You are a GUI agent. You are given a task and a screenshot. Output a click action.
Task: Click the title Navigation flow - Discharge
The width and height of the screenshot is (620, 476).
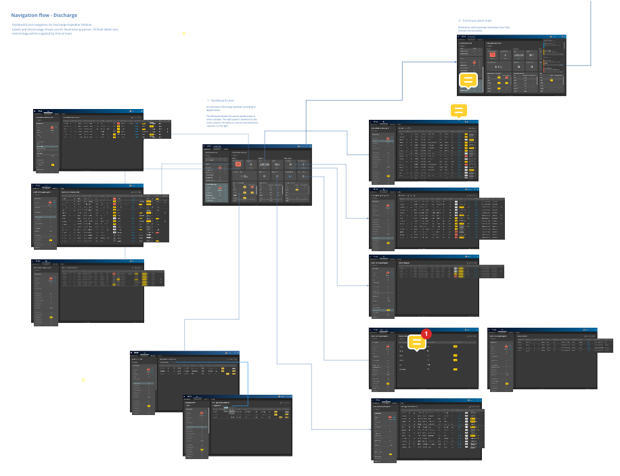tap(44, 15)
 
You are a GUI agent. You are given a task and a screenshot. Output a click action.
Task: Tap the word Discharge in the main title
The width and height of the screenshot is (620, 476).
tap(64, 15)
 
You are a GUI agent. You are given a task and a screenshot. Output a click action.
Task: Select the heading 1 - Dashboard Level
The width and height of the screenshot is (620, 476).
tap(222, 100)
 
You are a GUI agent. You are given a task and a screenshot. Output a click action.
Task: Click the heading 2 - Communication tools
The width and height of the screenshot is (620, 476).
tap(474, 21)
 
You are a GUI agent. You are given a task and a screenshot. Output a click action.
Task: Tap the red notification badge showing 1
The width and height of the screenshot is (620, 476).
tap(426, 334)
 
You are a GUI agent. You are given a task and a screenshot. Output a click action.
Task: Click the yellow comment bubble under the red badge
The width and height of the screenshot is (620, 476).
tap(418, 343)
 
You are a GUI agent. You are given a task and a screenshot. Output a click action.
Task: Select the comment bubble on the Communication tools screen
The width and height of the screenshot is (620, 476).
tap(468, 81)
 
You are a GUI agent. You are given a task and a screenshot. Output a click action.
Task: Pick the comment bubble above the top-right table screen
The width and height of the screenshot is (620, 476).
tap(459, 111)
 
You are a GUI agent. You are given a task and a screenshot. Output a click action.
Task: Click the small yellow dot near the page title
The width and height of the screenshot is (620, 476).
tap(183, 33)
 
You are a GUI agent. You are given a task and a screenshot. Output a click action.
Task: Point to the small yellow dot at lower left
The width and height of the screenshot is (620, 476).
tap(83, 380)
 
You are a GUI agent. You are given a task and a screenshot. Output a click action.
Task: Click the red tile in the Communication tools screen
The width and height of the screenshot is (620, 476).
tap(492, 53)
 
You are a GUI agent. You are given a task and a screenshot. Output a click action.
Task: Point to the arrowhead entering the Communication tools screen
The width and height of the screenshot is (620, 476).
tap(456, 62)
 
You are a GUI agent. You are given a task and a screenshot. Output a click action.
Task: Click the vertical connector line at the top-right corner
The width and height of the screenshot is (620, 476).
tap(591, 27)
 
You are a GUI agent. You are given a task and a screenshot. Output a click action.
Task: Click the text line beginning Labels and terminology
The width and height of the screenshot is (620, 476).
tap(64, 30)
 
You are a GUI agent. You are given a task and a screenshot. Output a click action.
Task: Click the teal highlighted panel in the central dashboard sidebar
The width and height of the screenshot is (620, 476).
tap(217, 194)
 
